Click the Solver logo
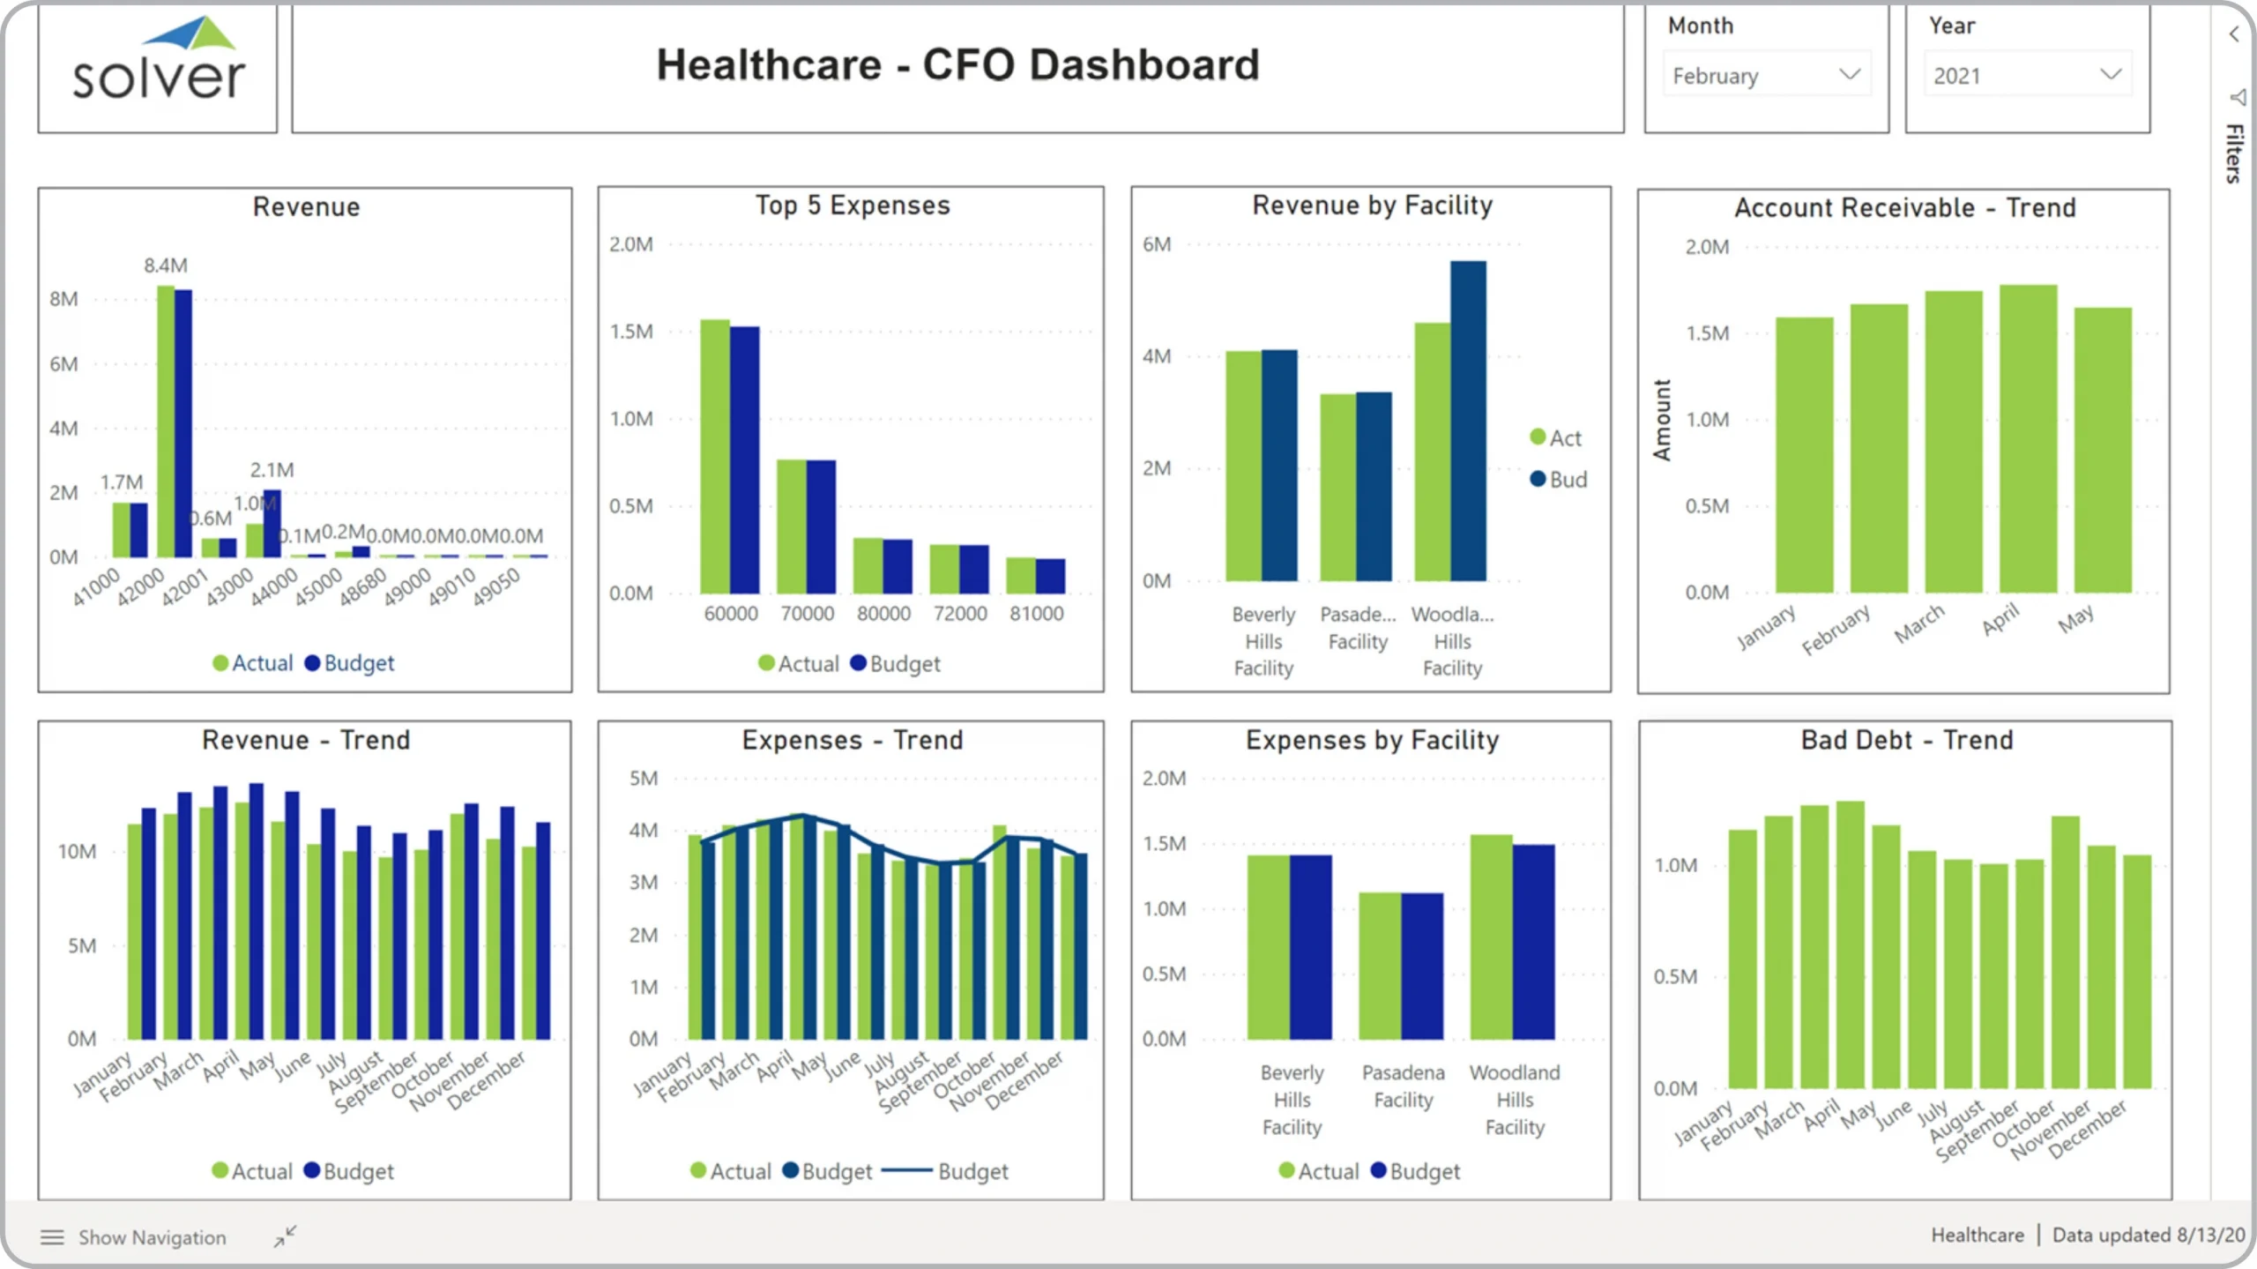[158, 62]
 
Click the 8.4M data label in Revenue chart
[166, 265]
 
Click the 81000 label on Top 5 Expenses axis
[1036, 614]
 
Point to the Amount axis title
[1662, 420]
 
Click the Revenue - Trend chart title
[305, 740]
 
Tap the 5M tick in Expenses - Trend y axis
[644, 779]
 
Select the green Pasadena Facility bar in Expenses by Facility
[1380, 966]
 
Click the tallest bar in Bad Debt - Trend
[1850, 944]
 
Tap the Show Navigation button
[133, 1237]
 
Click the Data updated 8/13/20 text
[2148, 1235]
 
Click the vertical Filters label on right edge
[2234, 153]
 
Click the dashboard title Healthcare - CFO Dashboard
[957, 65]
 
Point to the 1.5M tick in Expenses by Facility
[1164, 844]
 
